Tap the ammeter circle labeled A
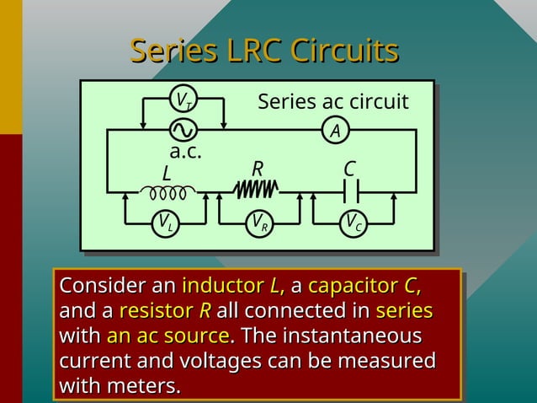(335, 131)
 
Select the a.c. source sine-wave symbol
(183, 130)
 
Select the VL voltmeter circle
(165, 223)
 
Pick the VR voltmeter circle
(259, 223)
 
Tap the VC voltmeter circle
(354, 223)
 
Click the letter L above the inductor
(166, 174)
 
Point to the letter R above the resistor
(258, 169)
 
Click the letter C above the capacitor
(349, 169)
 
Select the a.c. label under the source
(185, 153)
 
